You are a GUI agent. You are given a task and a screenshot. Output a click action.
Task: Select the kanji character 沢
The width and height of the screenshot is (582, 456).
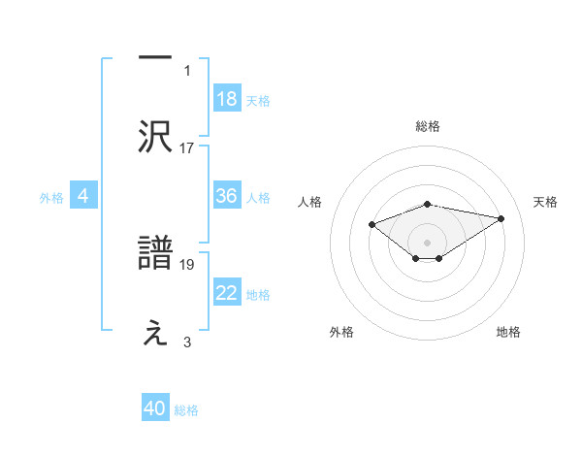tap(155, 137)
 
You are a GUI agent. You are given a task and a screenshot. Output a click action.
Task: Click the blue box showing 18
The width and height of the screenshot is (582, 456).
tap(227, 99)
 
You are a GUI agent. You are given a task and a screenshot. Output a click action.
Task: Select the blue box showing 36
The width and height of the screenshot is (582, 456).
tap(227, 196)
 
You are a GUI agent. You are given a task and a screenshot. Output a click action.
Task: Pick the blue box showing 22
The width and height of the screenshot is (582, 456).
tap(227, 293)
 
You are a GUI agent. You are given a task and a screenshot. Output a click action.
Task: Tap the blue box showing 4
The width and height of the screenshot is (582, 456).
tap(83, 196)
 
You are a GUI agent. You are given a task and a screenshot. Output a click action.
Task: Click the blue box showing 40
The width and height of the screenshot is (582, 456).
tap(155, 408)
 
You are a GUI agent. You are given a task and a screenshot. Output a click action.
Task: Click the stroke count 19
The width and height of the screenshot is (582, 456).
tap(187, 263)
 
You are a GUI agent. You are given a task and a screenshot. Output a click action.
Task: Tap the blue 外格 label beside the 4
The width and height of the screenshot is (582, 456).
tap(51, 197)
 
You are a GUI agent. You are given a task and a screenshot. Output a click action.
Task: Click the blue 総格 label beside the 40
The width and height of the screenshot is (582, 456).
tap(186, 409)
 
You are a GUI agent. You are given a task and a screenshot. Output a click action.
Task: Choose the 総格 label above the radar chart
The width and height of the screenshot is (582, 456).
tap(427, 126)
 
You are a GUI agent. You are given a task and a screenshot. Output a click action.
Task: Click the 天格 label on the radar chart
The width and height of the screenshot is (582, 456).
tap(546, 202)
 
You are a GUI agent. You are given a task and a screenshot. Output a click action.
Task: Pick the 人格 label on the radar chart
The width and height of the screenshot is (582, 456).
tap(310, 202)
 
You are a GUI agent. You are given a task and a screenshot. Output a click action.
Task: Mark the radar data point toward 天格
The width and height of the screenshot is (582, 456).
tap(501, 218)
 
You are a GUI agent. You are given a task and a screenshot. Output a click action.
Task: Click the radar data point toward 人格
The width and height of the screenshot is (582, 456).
tap(372, 224)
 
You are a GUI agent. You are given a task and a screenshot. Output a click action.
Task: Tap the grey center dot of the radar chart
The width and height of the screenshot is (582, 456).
tap(427, 242)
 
